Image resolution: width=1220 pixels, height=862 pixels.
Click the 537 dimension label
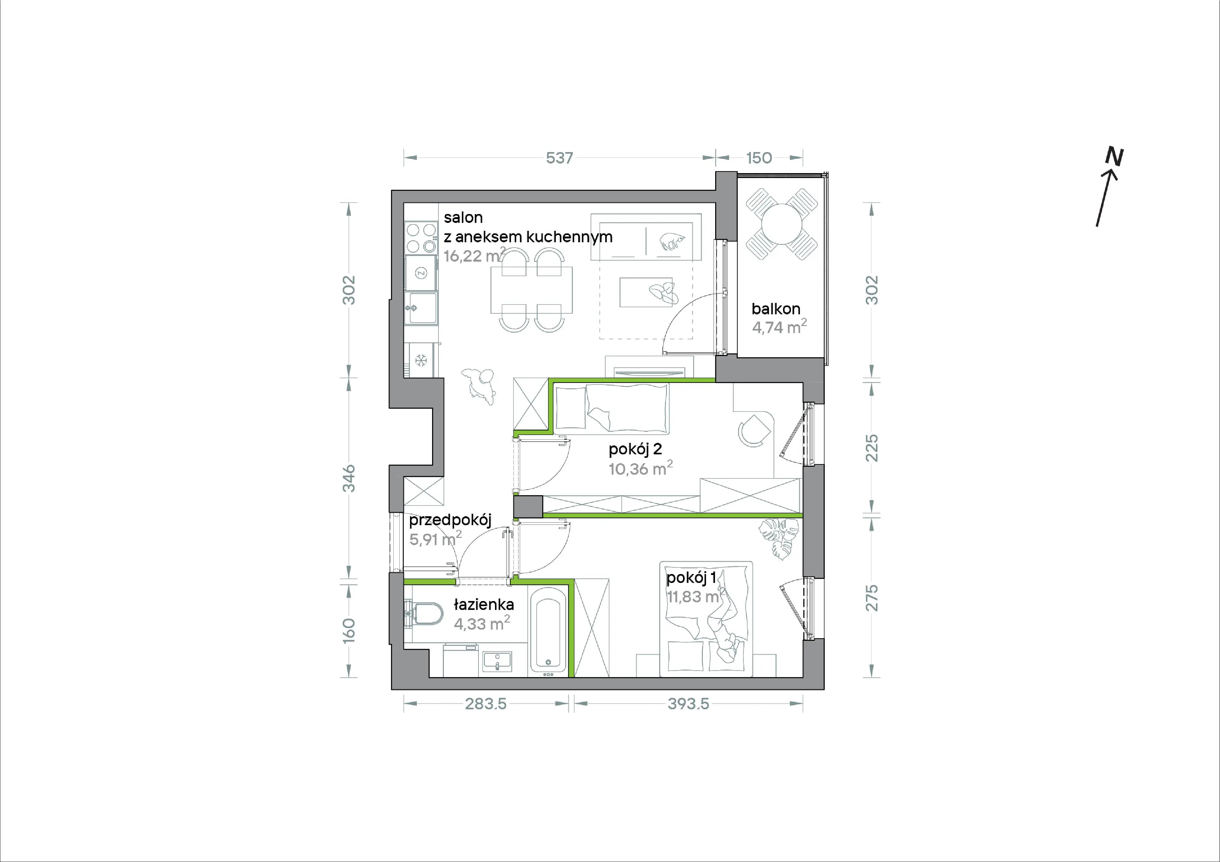[x=559, y=158]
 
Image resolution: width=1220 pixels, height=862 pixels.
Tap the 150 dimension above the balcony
[x=759, y=158]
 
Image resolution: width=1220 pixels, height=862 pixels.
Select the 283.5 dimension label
[x=486, y=704]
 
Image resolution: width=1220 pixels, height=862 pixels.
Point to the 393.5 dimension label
[x=688, y=704]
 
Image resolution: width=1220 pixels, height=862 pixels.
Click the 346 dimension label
[x=349, y=478]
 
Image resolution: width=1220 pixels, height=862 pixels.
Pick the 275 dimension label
[x=872, y=598]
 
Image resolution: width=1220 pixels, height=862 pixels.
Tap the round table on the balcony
[x=781, y=224]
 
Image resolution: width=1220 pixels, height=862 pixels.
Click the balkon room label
[x=776, y=309]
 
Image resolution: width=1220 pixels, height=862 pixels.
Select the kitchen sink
[x=421, y=308]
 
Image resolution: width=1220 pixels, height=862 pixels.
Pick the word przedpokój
[x=450, y=520]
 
